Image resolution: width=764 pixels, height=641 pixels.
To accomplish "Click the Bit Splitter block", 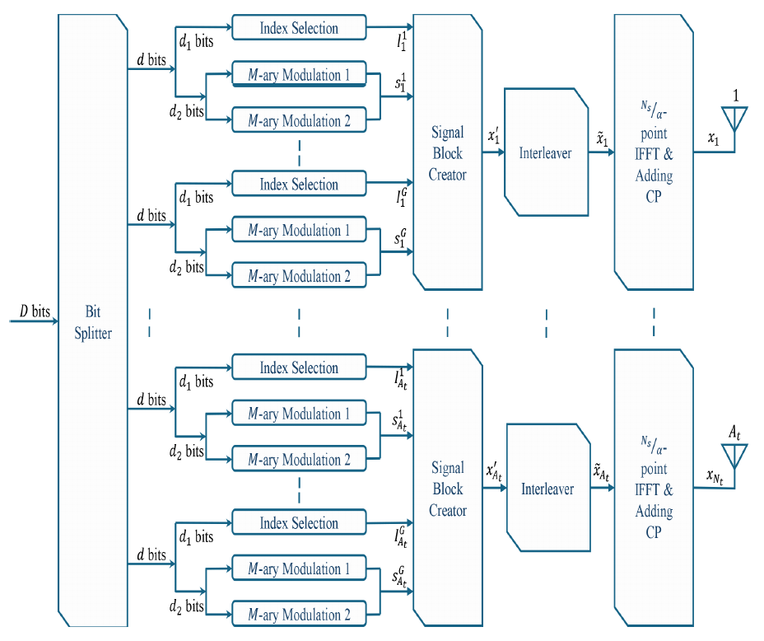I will (92, 321).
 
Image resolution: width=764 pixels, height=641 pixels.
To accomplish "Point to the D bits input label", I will (35, 312).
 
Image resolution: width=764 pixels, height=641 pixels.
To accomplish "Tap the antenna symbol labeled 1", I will (734, 122).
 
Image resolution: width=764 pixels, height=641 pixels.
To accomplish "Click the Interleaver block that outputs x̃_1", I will (546, 152).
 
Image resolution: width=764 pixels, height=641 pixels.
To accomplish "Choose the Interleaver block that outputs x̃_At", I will (547, 489).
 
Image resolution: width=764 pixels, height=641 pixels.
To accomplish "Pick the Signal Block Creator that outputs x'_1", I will (447, 152).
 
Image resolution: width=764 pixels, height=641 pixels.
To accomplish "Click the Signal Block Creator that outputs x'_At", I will (447, 489).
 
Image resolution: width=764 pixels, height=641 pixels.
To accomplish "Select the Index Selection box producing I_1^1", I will (299, 28).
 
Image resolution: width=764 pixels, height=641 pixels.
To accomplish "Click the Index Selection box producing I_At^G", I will (299, 523).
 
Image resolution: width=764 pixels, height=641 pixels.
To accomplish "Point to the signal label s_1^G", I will (399, 241).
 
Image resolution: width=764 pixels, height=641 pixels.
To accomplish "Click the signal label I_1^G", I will (400, 198).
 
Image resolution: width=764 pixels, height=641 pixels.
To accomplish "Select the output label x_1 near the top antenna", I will (714, 141).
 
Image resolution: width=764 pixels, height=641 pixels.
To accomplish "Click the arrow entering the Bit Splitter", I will (33, 322).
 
